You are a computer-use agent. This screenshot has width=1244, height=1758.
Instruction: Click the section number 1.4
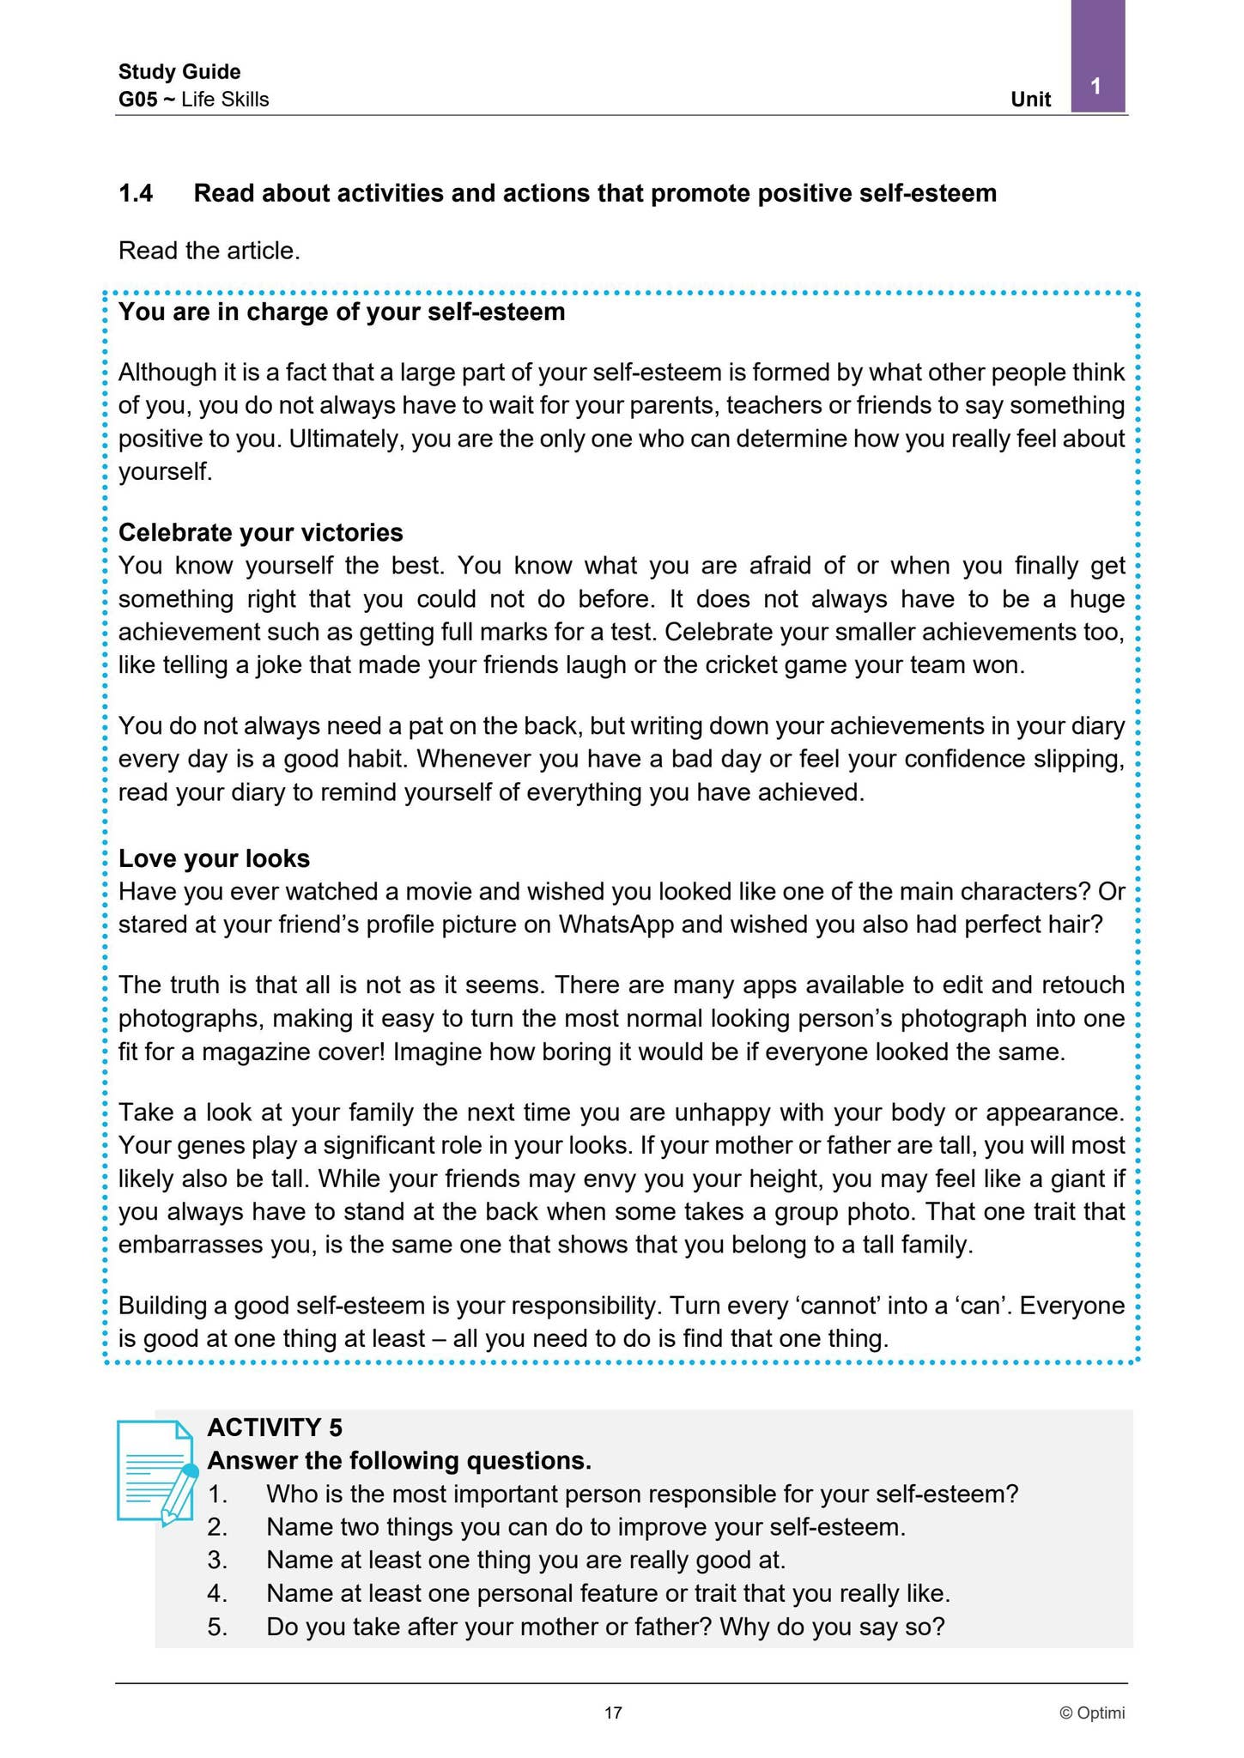pos(136,194)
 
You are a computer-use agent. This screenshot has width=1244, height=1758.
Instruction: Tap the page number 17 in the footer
pos(613,1713)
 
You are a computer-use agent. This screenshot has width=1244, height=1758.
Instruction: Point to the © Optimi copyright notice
pos(1091,1713)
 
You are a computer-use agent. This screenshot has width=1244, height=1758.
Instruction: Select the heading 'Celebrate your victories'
pos(260,533)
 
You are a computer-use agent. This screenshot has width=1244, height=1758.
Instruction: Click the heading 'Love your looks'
pos(214,858)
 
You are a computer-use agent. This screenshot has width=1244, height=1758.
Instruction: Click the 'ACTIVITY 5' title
pos(275,1428)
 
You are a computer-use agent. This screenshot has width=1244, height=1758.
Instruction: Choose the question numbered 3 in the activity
pos(525,1559)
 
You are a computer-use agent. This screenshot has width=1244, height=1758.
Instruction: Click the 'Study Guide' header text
pos(179,72)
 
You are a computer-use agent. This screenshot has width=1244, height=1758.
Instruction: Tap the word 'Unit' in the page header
pos(1030,100)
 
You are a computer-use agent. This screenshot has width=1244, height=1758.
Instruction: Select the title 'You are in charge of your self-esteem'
pos(342,312)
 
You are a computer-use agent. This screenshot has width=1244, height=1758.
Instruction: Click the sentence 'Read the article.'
pos(209,252)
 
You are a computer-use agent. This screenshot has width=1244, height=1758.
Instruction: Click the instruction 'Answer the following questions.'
pos(399,1461)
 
